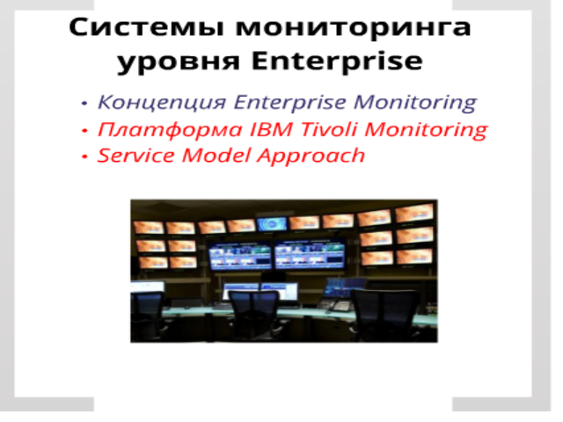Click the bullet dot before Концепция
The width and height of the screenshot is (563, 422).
[84, 103]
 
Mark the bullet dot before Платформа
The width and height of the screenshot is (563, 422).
[84, 131]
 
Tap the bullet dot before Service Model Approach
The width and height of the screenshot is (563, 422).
[84, 156]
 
